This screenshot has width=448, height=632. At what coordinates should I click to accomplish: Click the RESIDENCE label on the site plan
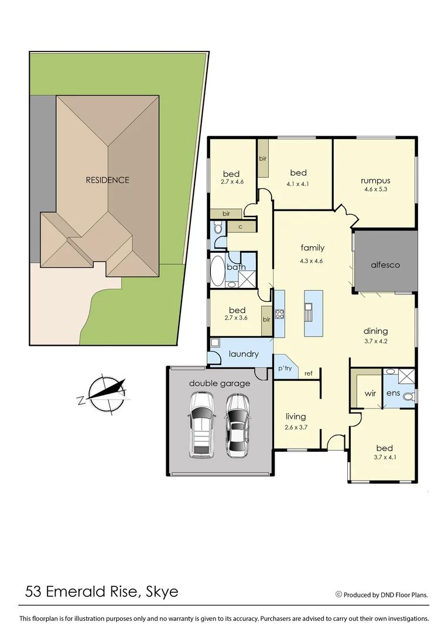tap(107, 180)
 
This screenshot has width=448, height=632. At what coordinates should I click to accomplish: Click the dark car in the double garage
tap(237, 425)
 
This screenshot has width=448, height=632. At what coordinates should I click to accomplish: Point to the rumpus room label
tap(375, 180)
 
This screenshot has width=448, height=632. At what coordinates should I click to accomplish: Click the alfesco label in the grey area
tap(385, 265)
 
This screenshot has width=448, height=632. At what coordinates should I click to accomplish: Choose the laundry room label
tap(244, 354)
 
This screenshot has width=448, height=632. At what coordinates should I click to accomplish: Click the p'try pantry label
tap(285, 368)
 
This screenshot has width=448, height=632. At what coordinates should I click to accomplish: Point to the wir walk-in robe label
tap(370, 393)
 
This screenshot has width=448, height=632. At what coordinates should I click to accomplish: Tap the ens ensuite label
tap(393, 393)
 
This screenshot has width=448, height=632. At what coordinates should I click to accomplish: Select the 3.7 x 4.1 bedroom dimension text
tap(385, 458)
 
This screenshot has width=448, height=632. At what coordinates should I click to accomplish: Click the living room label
tap(296, 417)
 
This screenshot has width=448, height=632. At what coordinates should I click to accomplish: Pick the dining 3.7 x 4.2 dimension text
tap(375, 340)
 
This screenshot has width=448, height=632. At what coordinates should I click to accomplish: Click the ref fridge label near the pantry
tap(308, 373)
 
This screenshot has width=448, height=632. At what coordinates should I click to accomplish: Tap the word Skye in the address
tap(159, 592)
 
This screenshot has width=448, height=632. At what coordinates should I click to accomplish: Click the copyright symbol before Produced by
tap(338, 594)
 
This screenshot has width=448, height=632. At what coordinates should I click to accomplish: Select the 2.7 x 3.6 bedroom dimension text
tap(237, 318)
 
